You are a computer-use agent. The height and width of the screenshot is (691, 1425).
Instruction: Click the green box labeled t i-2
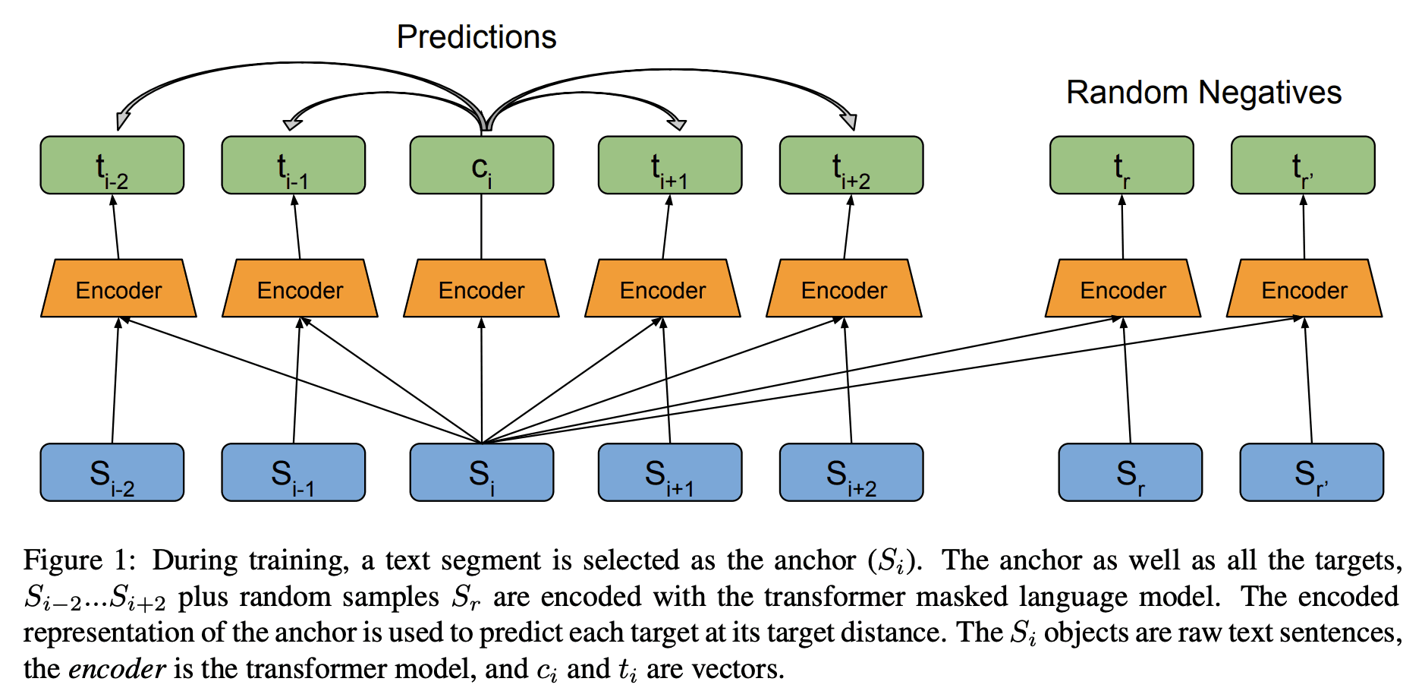click(112, 166)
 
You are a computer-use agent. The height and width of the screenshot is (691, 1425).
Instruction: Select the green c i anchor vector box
click(481, 166)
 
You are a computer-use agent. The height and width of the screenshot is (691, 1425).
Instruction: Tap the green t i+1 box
click(669, 166)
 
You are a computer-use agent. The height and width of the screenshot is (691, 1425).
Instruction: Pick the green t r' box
click(1302, 166)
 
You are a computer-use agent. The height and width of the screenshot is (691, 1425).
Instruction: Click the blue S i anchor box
click(481, 472)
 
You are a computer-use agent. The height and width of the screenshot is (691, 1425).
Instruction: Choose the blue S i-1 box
click(293, 472)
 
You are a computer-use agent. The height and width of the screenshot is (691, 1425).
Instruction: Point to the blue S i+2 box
click(851, 472)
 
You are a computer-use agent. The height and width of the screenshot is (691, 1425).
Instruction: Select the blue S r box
click(1130, 472)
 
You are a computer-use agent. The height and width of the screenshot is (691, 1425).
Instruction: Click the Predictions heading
click(477, 37)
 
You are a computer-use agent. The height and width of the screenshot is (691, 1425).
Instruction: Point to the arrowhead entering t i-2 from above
click(122, 120)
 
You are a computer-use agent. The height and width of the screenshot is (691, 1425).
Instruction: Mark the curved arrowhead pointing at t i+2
click(849, 120)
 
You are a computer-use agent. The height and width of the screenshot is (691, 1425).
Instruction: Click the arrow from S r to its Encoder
click(1127, 380)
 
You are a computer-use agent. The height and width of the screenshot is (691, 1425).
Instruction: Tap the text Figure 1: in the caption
click(79, 560)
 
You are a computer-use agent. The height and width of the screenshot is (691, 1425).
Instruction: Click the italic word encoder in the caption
click(117, 669)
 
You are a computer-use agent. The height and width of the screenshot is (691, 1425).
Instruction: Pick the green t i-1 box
click(293, 166)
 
